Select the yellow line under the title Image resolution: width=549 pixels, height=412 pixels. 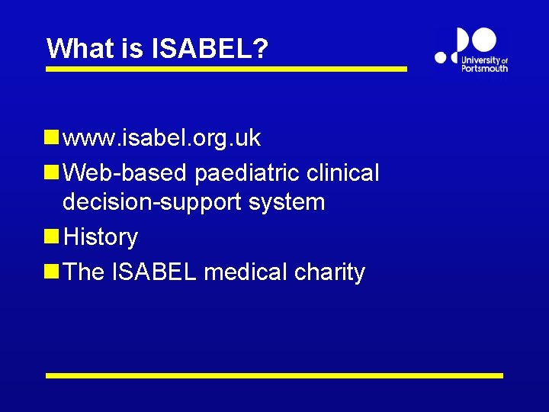pyautogui.click(x=226, y=69)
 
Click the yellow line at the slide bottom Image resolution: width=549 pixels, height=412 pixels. pyautogui.click(x=274, y=375)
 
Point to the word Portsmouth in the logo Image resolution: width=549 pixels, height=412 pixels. pyautogui.click(x=484, y=68)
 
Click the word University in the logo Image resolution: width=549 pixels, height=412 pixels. pyautogui.click(x=480, y=60)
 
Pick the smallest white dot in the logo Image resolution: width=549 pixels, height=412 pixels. pyautogui.click(x=440, y=56)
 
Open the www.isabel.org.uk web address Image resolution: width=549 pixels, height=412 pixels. pyautogui.click(x=162, y=138)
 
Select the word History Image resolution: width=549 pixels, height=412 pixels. pyautogui.click(x=101, y=237)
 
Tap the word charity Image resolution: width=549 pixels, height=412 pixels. pyautogui.click(x=329, y=272)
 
